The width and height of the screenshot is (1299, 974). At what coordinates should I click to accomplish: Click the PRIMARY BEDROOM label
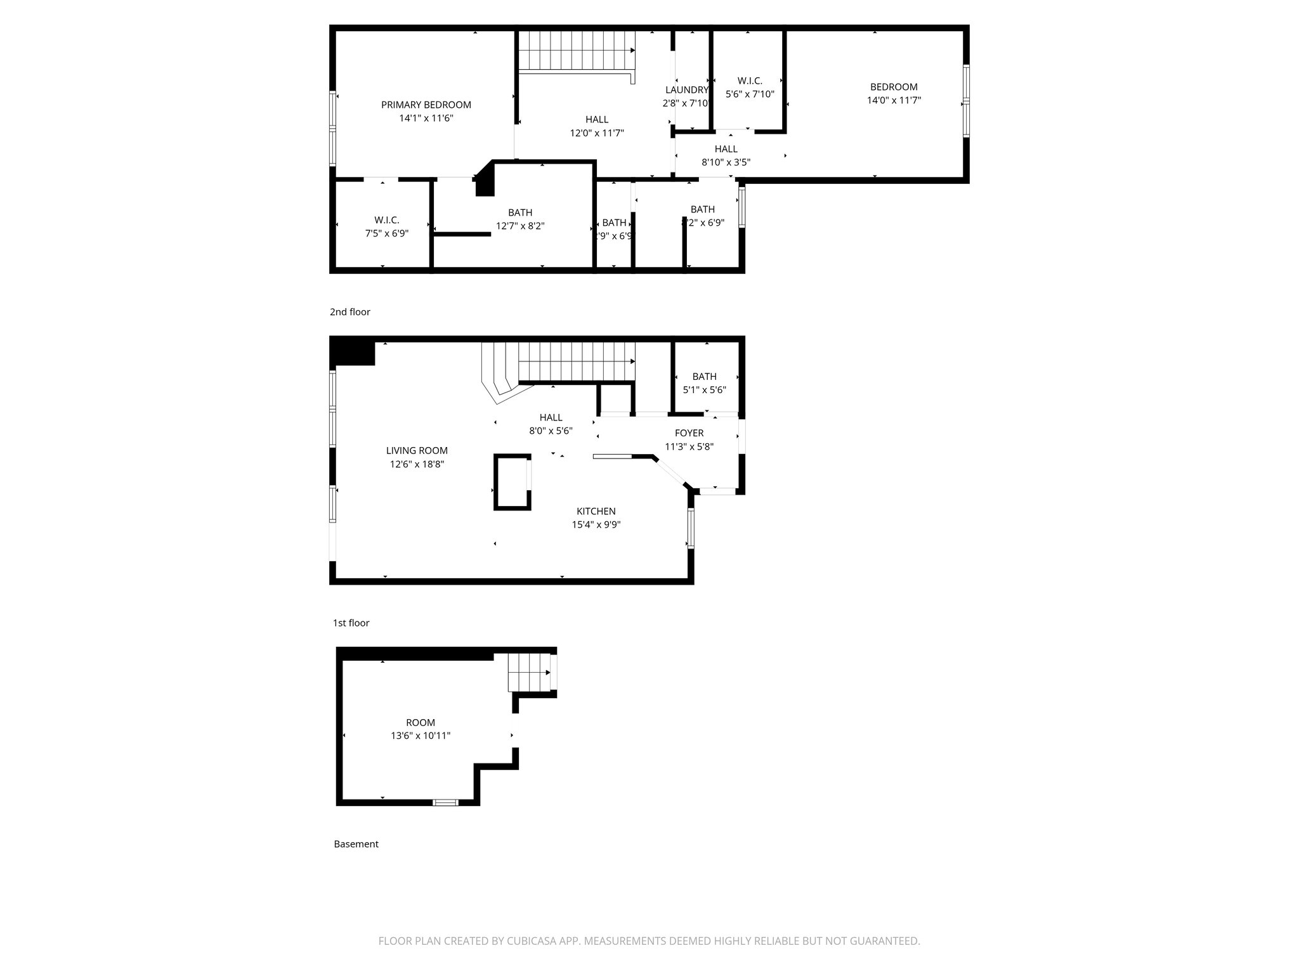[426, 105]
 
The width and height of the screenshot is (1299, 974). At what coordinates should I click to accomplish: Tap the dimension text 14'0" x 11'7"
[894, 100]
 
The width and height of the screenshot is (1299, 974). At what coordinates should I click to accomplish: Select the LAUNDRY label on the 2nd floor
[686, 90]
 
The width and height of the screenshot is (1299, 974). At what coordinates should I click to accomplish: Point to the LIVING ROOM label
[417, 451]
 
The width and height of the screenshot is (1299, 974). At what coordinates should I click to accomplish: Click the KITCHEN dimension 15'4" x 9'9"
[596, 524]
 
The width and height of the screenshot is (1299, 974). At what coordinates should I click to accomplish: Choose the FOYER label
[689, 433]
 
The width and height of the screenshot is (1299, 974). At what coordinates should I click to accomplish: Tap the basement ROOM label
[421, 722]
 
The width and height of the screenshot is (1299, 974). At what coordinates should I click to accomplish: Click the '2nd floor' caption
[349, 312]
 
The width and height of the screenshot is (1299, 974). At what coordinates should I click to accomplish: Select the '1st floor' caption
[351, 623]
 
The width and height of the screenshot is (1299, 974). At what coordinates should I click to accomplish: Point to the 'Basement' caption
[356, 844]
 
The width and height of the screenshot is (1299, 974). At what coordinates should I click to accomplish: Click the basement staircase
[529, 673]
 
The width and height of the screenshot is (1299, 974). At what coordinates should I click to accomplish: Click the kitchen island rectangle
[512, 482]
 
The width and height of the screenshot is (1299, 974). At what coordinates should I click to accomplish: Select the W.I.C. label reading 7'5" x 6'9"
[386, 220]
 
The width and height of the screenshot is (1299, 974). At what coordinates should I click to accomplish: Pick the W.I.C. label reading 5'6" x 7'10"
[750, 81]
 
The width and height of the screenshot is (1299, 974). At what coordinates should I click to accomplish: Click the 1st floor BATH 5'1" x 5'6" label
[704, 377]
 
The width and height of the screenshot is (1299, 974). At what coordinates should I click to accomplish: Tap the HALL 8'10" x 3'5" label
[726, 149]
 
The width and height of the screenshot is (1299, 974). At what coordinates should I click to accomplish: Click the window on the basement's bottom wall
[445, 802]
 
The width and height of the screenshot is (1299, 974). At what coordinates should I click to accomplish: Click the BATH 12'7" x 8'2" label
[520, 212]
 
